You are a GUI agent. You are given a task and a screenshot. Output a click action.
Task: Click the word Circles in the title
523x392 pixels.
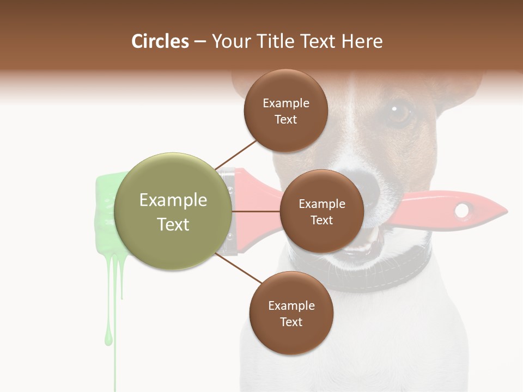click(x=160, y=41)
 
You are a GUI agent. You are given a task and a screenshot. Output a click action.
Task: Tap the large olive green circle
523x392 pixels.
click(x=173, y=211)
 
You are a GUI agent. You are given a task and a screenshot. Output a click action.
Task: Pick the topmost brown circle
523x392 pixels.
click(x=285, y=111)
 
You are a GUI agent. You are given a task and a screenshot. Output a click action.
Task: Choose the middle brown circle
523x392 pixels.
click(x=321, y=211)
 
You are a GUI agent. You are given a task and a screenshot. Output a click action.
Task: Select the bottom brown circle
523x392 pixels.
click(x=291, y=313)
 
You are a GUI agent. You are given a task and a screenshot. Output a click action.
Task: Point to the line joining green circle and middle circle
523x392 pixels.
click(x=256, y=211)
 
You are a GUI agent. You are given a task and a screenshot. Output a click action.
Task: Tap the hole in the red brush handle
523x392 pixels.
click(x=462, y=210)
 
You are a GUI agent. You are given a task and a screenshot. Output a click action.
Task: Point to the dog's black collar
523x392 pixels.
click(x=392, y=272)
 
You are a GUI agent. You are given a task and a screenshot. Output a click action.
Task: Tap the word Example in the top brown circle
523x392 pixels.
click(x=285, y=103)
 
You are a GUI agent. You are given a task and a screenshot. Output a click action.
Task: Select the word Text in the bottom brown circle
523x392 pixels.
click(x=291, y=322)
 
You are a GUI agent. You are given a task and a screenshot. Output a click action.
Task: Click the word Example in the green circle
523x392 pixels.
click(x=173, y=200)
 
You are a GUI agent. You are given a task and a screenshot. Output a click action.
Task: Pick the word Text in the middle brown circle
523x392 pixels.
click(x=321, y=220)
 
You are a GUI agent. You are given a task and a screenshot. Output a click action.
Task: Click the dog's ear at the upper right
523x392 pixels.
click(x=463, y=87)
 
